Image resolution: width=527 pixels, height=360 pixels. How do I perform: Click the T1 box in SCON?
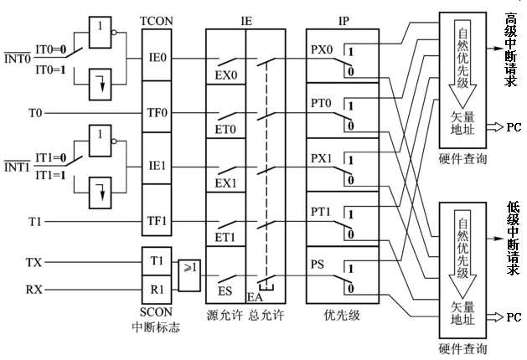point(157,261)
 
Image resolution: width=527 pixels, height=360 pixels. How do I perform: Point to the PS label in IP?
point(319,264)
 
